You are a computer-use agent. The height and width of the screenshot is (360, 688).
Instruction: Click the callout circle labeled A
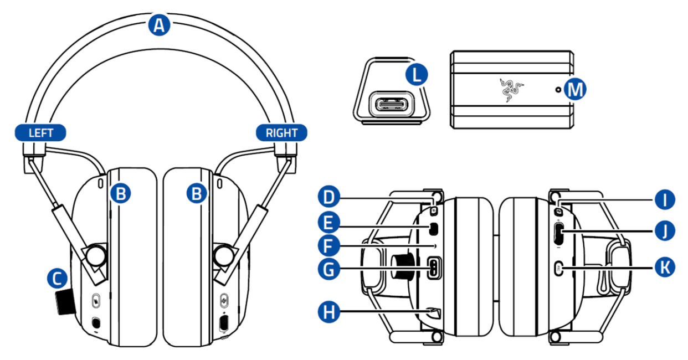[159, 25]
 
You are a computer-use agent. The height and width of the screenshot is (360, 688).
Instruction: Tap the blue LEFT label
[41, 133]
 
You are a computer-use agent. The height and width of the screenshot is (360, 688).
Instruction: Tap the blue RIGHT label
[281, 133]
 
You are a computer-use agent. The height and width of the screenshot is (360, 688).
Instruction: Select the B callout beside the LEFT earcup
[121, 193]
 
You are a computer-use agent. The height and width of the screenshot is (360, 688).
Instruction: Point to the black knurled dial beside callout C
[65, 302]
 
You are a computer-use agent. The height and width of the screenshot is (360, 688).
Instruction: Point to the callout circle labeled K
[664, 268]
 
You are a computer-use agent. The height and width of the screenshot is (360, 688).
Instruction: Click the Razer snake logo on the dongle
[507, 89]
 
